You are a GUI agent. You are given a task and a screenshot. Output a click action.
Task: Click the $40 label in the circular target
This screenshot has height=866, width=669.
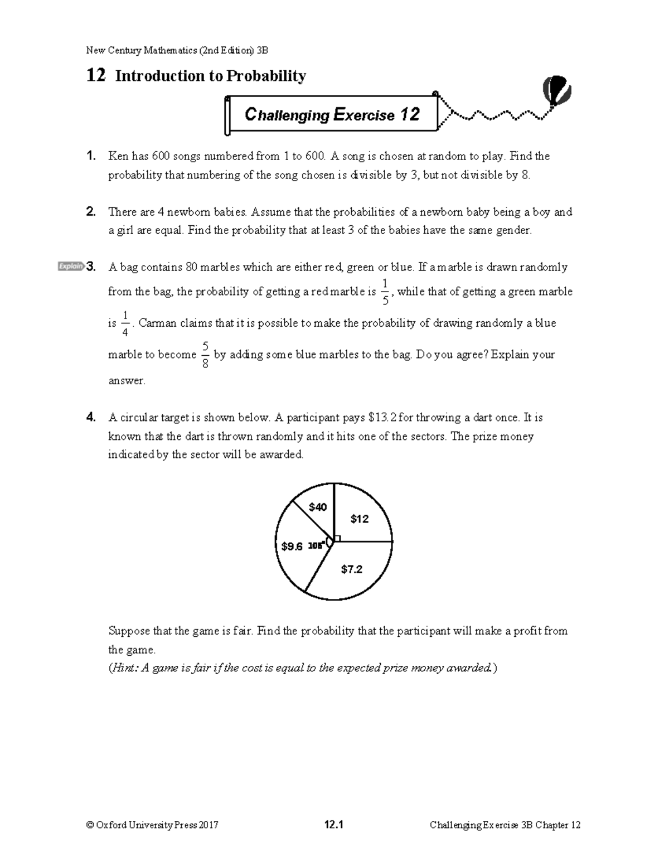[x=318, y=507]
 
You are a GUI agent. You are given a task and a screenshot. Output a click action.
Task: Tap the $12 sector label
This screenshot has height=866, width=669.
[x=360, y=519]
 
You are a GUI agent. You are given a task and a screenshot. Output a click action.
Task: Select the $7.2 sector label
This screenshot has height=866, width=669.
[x=352, y=569]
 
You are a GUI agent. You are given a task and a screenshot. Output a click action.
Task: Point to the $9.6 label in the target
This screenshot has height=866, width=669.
[x=292, y=546]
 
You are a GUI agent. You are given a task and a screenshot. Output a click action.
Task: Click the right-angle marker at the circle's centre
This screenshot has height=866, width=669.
[x=337, y=539]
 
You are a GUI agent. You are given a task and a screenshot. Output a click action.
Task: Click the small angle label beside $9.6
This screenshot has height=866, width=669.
[x=316, y=546]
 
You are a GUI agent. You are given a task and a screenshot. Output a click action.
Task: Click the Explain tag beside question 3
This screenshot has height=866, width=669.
[x=71, y=267]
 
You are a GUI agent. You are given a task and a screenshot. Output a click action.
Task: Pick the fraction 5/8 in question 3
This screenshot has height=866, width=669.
[x=205, y=355]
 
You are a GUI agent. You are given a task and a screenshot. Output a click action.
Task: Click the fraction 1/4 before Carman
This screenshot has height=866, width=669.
[x=125, y=324]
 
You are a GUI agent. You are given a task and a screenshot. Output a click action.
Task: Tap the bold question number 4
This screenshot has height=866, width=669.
[x=91, y=418]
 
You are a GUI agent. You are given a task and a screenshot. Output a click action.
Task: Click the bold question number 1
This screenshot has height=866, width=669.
[x=91, y=156]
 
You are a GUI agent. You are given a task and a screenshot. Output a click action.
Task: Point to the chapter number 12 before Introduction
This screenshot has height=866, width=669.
[x=96, y=75]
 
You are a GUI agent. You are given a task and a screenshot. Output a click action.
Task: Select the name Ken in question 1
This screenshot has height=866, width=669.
[x=118, y=156]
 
